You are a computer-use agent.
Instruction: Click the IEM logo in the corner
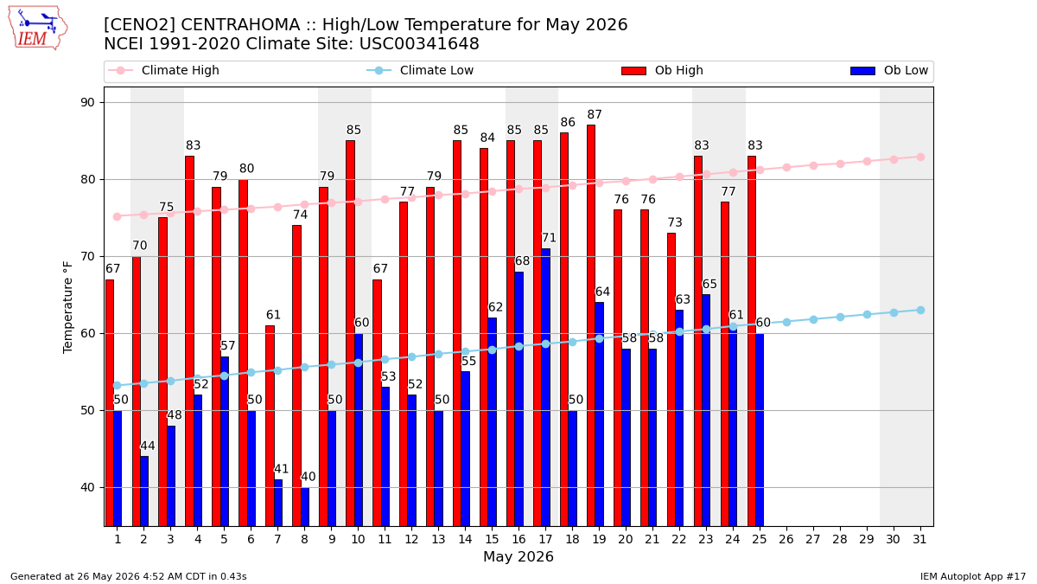tap(38, 28)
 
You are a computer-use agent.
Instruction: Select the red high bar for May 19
tap(591, 325)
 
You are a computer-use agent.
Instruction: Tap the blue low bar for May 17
tap(546, 388)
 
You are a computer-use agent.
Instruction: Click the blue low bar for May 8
tap(305, 507)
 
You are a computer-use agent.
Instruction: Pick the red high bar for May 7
tap(270, 426)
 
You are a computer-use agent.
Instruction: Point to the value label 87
tap(595, 114)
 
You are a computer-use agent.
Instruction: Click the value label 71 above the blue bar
tap(549, 238)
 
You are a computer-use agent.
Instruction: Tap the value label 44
tap(147, 446)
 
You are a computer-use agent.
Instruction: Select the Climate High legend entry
tap(163, 70)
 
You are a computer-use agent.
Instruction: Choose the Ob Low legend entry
tap(889, 70)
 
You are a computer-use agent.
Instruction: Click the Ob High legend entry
tap(662, 70)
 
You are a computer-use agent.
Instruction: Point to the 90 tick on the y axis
tap(87, 102)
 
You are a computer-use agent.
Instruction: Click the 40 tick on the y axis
tap(87, 488)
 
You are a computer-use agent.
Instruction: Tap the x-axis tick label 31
tap(919, 540)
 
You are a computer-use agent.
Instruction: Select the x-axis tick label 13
tap(438, 540)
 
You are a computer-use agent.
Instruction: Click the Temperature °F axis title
tap(67, 307)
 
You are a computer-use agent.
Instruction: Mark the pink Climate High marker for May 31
tap(920, 157)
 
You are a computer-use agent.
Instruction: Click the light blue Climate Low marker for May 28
tap(840, 317)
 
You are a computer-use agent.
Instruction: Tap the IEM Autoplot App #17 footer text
tap(973, 576)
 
